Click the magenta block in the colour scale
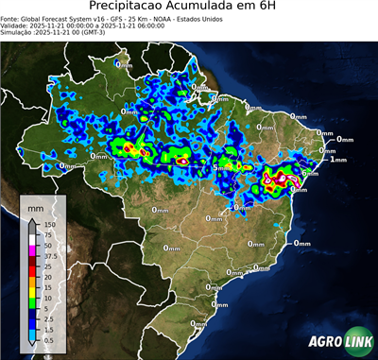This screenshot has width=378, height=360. pos(31,249)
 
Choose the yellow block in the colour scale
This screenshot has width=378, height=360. pos(31,291)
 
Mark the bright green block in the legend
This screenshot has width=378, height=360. pos(31,302)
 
